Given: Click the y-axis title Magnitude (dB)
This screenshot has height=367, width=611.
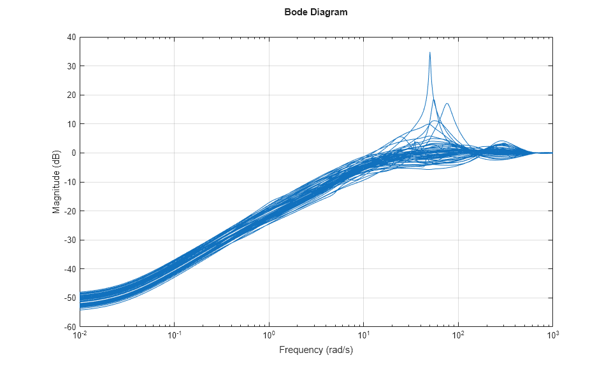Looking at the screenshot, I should (x=57, y=182).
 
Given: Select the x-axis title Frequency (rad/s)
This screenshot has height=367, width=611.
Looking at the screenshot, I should (x=316, y=350).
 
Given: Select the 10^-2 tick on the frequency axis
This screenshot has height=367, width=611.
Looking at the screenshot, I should (x=80, y=335).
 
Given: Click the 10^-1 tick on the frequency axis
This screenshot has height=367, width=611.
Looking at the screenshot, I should (x=175, y=335).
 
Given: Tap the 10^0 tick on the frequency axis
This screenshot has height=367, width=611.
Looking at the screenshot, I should (x=269, y=335).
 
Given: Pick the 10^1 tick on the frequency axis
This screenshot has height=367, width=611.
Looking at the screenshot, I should (x=363, y=335).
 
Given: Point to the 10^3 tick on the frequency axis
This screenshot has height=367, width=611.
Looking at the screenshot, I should (x=552, y=335).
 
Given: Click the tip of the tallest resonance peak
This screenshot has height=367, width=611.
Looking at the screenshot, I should (x=430, y=52).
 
